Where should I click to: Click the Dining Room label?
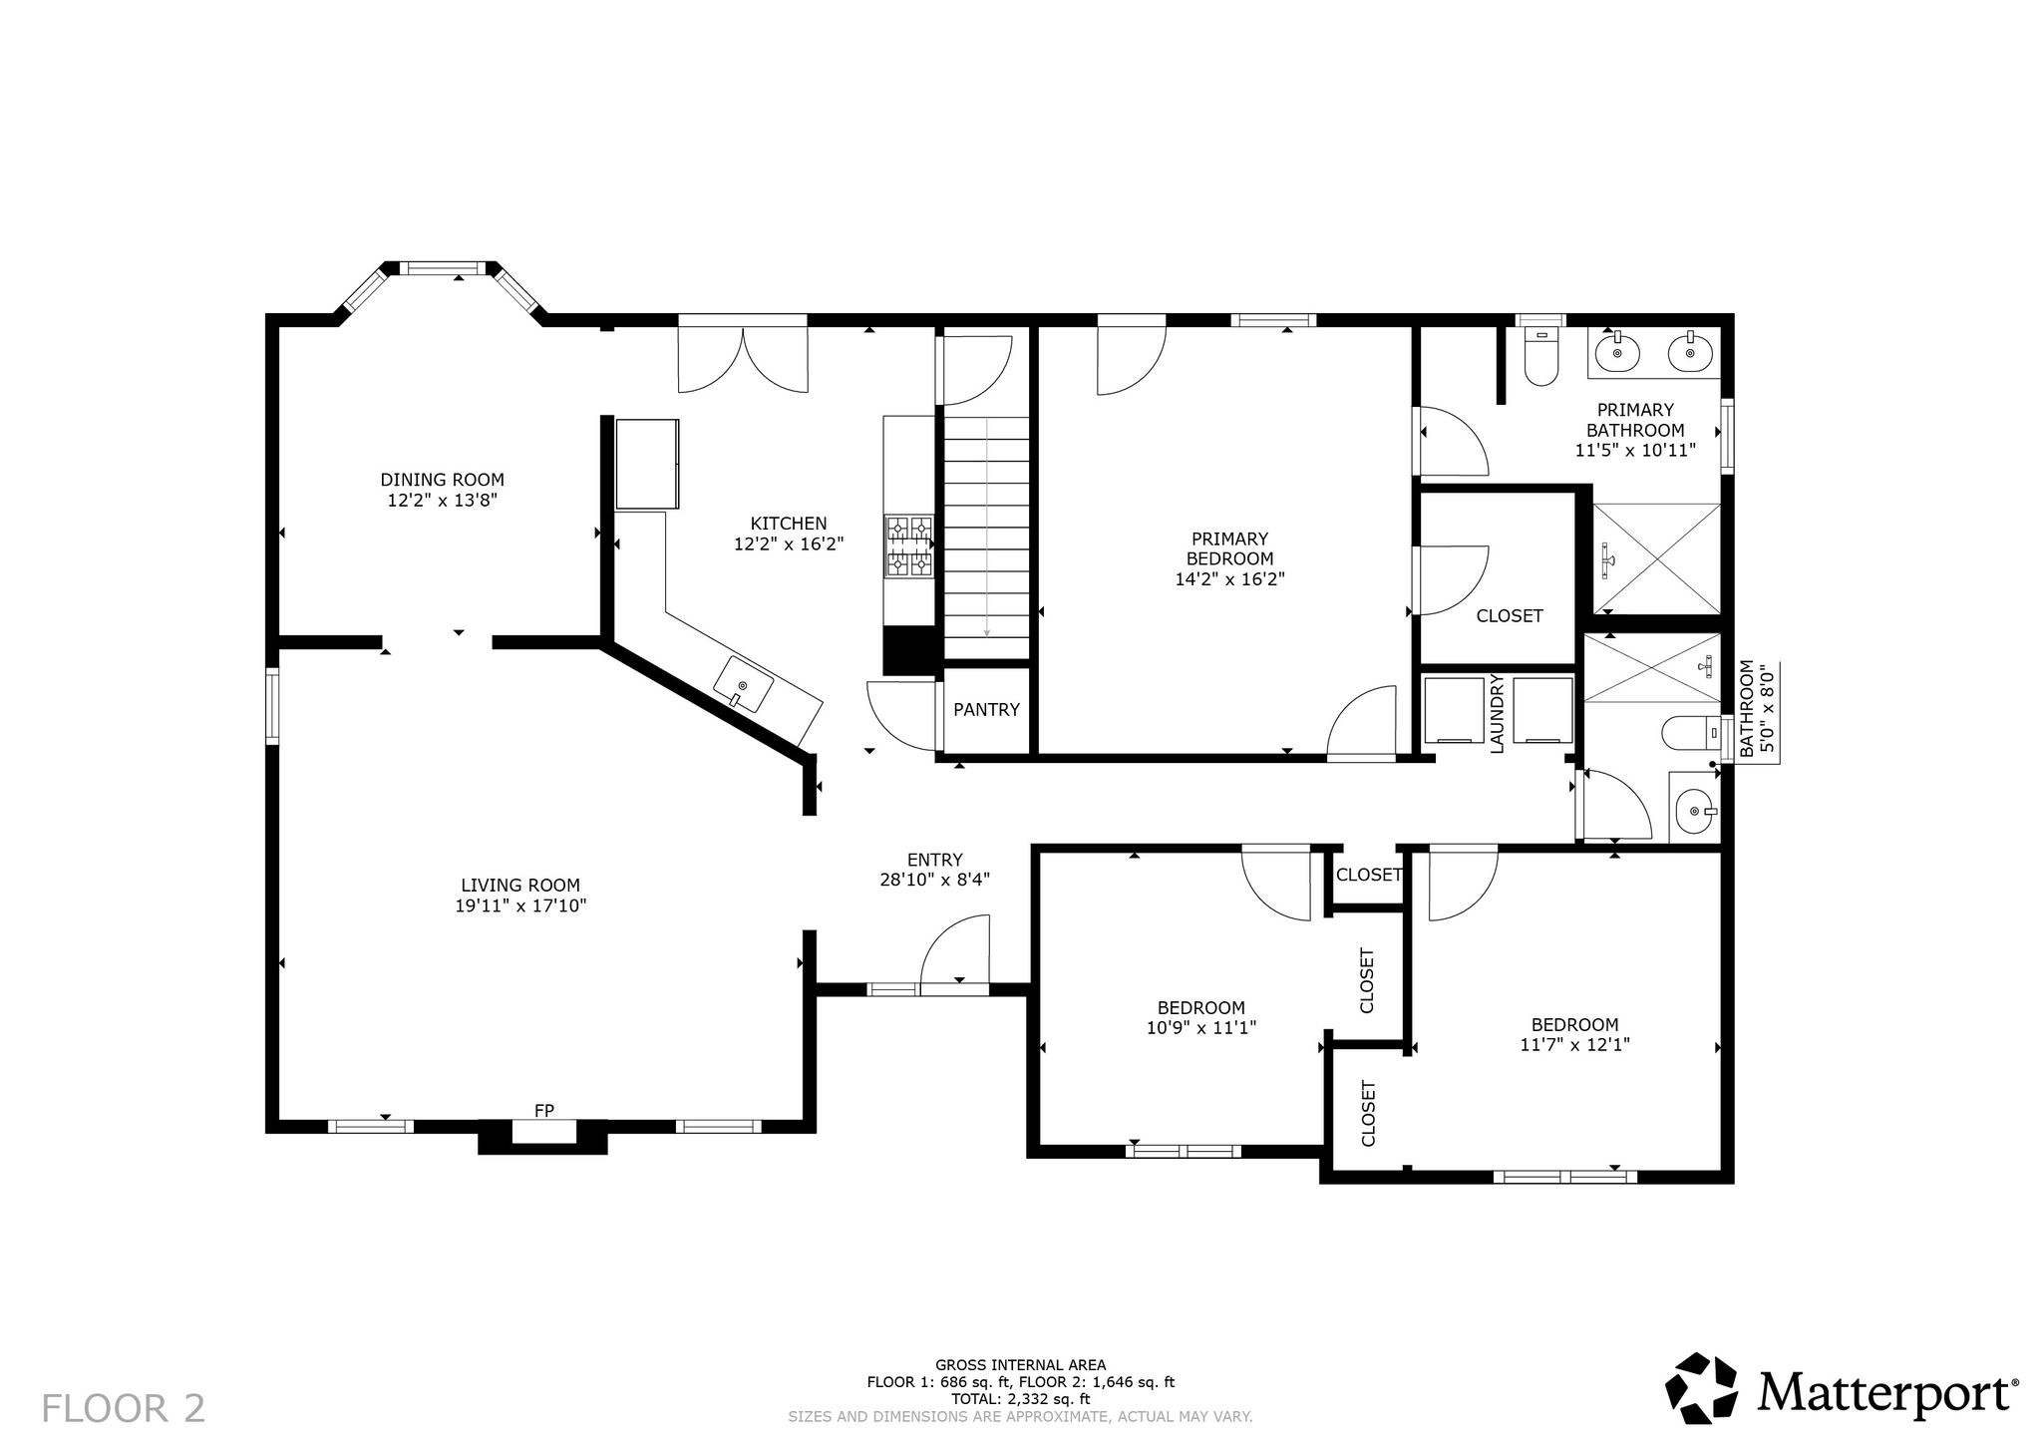point(442,480)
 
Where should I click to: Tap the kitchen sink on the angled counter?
point(744,685)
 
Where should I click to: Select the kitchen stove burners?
point(908,546)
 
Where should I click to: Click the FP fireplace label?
point(544,1110)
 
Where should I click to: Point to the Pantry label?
point(986,710)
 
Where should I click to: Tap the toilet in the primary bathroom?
point(1541,359)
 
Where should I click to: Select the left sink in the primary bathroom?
point(1615,352)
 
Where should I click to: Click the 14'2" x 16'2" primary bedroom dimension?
point(1229,579)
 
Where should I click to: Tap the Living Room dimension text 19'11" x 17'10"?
point(520,905)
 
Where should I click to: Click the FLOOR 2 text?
point(124,1408)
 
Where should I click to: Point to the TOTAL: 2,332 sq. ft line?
point(1020,1399)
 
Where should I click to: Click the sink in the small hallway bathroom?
point(1696,811)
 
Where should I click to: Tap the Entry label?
point(935,860)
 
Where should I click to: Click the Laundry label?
point(1497,714)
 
